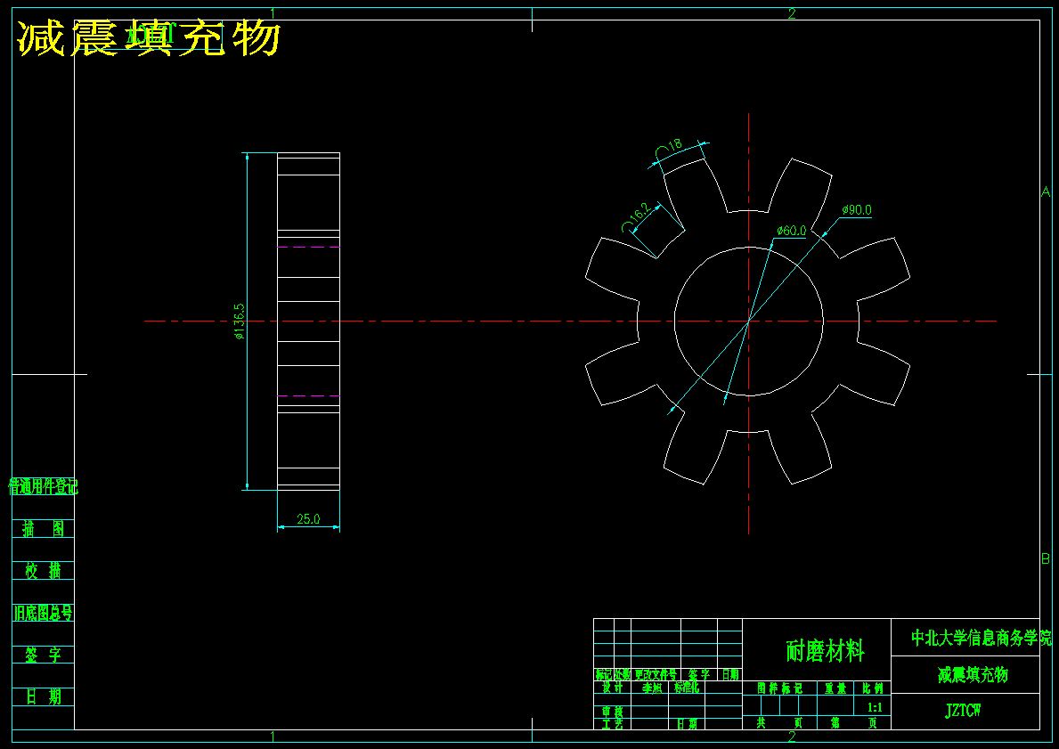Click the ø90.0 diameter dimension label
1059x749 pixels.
coord(857,210)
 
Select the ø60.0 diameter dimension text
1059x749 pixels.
coord(791,231)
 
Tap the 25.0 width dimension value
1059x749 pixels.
coord(308,519)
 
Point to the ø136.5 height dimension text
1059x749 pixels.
coord(239,322)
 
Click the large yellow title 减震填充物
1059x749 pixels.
coord(150,38)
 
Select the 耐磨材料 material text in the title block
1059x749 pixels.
coord(825,651)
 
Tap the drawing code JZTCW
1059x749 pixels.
coord(964,711)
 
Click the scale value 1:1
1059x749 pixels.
coord(875,707)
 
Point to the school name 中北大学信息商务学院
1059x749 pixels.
coord(981,638)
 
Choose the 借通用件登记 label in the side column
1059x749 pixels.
coord(43,486)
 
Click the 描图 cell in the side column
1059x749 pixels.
coord(43,529)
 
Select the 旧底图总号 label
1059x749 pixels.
coord(43,613)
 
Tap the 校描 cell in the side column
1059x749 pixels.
coord(43,571)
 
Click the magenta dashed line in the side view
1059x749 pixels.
coord(308,395)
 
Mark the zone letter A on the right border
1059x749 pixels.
coord(1046,191)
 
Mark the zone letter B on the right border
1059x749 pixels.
coord(1046,558)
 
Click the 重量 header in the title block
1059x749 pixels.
coord(835,688)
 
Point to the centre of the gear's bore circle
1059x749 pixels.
coord(748,321)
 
